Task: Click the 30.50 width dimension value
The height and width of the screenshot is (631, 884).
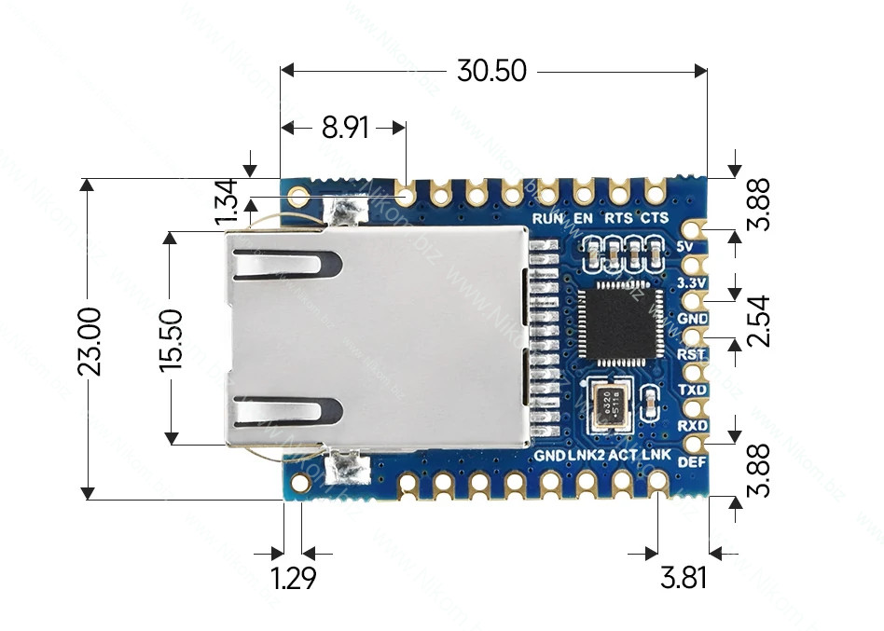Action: (x=491, y=71)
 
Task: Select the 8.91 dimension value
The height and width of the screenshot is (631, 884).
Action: (x=345, y=128)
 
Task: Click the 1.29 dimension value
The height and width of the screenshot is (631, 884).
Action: (x=294, y=578)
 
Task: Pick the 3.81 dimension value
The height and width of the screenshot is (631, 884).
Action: (x=684, y=578)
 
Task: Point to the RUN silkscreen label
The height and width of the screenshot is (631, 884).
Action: (x=547, y=219)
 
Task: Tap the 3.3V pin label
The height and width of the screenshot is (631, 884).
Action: (x=691, y=281)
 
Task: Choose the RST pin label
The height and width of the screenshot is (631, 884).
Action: (x=691, y=354)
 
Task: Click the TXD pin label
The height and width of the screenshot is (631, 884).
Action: (x=692, y=390)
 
